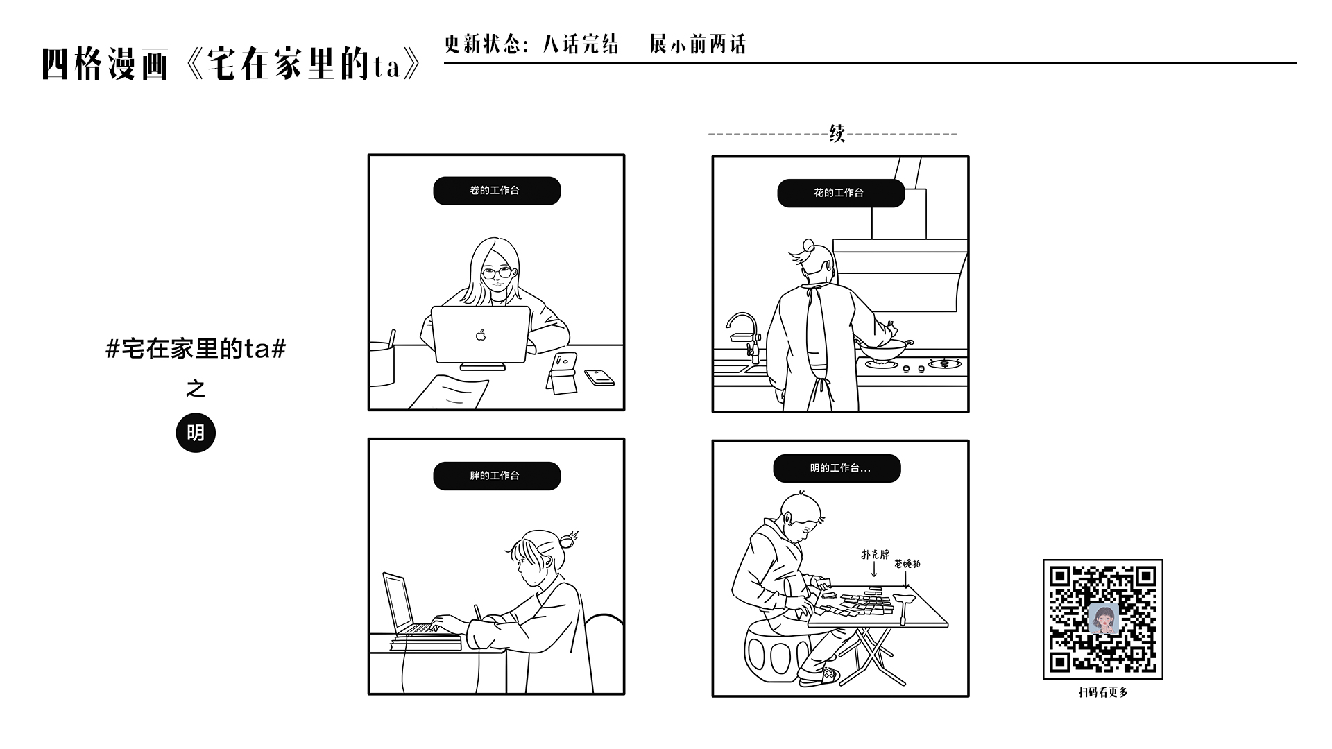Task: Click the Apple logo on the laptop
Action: tap(481, 336)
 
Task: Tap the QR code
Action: tap(1102, 619)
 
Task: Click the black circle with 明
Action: tap(196, 433)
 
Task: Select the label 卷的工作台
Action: tap(497, 191)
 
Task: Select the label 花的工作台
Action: tap(841, 193)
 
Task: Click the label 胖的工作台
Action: tap(497, 476)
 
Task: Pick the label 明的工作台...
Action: tap(837, 469)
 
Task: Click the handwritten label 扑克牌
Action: tap(875, 554)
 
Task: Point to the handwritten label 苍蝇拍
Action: tap(907, 564)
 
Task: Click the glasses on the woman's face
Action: tap(497, 273)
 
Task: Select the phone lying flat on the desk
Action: tap(599, 377)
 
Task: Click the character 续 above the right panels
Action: tap(837, 133)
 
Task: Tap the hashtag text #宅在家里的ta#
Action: tap(196, 348)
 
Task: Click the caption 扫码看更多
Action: tap(1102, 692)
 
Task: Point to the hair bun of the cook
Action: tap(808, 246)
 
